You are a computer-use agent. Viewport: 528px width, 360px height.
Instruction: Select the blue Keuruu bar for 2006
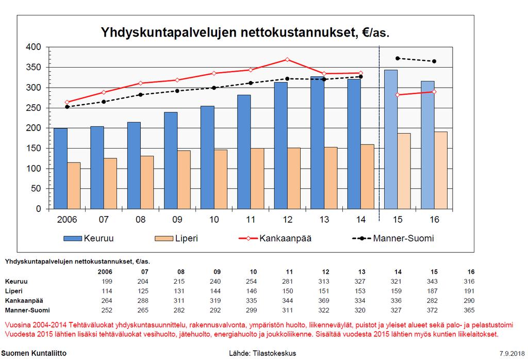pyautogui.click(x=61, y=168)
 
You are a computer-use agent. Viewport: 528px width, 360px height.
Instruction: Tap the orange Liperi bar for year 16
pyautogui.click(x=441, y=170)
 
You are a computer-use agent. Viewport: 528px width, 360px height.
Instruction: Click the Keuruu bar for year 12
pyautogui.click(x=281, y=145)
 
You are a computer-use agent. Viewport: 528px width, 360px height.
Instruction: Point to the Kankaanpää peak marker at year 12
pyautogui.click(x=287, y=60)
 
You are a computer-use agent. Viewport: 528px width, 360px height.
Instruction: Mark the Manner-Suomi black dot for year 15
pyautogui.click(x=398, y=58)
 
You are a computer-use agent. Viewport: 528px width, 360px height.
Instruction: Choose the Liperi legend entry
pyautogui.click(x=176, y=238)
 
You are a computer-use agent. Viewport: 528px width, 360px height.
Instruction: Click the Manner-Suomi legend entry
pyautogui.click(x=393, y=238)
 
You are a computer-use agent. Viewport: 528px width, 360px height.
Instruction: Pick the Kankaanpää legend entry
pyautogui.click(x=275, y=238)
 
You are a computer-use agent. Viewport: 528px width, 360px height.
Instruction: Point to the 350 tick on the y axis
pyautogui.click(x=33, y=68)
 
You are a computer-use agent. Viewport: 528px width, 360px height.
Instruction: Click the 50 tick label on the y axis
pyautogui.click(x=36, y=189)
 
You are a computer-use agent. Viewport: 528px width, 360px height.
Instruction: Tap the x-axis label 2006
pyautogui.click(x=67, y=220)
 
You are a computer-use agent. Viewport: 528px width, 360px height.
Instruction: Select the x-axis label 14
pyautogui.click(x=360, y=220)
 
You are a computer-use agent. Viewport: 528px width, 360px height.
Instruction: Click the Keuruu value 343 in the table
pyautogui.click(x=432, y=281)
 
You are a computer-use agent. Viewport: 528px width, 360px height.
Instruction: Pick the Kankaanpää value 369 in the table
pyautogui.click(x=324, y=300)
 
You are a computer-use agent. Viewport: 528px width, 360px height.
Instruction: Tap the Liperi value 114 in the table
pyautogui.click(x=107, y=291)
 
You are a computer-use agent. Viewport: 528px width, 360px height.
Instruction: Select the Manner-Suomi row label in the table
pyautogui.click(x=27, y=310)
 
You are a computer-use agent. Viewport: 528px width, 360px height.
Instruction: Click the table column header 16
pyautogui.click(x=471, y=271)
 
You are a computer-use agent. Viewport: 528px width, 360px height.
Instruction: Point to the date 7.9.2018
pyautogui.click(x=512, y=354)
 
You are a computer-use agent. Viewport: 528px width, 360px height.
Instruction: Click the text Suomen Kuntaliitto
pyautogui.click(x=34, y=353)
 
